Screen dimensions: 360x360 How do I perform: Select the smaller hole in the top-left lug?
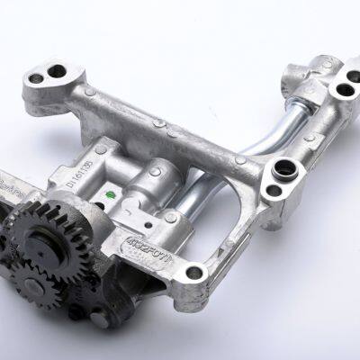(x=35, y=79)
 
